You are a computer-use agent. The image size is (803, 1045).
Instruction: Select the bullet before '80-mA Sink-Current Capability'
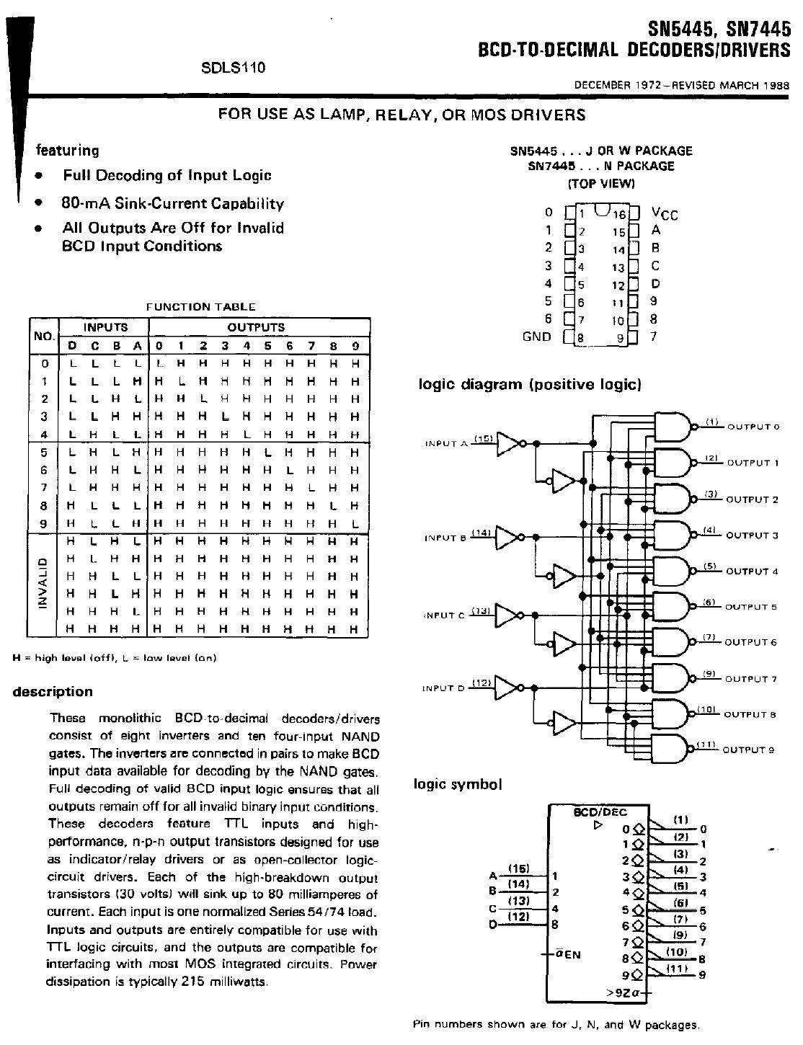pyautogui.click(x=37, y=203)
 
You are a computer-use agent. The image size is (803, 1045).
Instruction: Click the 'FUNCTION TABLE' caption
pyautogui.click(x=200, y=306)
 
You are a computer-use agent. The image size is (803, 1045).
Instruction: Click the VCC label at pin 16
pyautogui.click(x=664, y=213)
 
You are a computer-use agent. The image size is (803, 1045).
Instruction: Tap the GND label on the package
pyautogui.click(x=536, y=337)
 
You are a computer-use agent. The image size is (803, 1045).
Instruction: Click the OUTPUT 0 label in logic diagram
pyautogui.click(x=753, y=427)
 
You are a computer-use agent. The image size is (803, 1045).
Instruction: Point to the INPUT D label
pyautogui.click(x=443, y=688)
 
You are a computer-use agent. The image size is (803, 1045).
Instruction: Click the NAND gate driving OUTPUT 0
pyautogui.click(x=671, y=426)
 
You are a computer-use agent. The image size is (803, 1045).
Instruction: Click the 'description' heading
pyautogui.click(x=53, y=692)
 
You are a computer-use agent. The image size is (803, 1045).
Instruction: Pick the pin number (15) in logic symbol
pyautogui.click(x=519, y=868)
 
